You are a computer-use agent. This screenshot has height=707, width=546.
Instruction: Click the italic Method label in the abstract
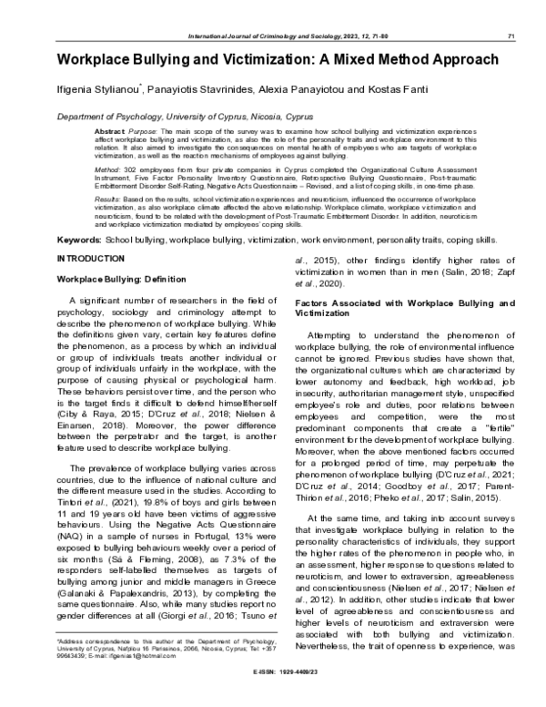point(107,169)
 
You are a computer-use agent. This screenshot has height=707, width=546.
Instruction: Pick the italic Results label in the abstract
point(108,199)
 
